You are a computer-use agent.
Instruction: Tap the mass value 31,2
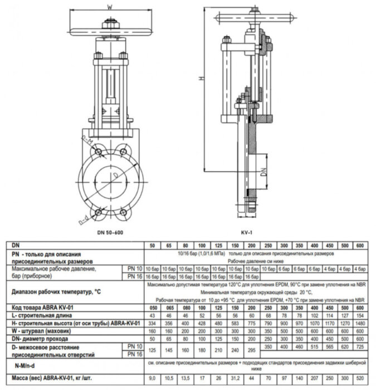point(235,380)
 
